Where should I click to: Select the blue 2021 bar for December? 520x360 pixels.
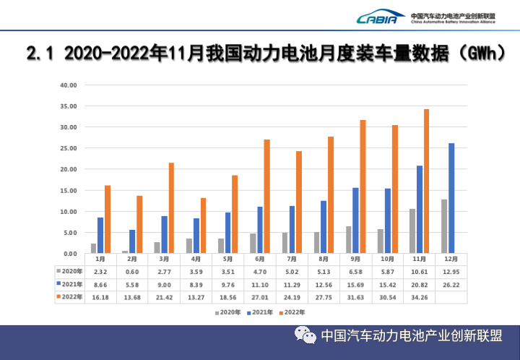451,198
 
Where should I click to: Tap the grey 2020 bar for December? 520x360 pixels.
444,226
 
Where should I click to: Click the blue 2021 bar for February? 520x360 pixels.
132,241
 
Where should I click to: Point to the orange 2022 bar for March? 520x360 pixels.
171,208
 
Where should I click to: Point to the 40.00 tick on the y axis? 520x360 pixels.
68,85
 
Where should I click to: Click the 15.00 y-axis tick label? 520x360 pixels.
68,191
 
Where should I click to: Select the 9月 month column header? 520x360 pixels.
357,259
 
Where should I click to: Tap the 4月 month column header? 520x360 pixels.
196,259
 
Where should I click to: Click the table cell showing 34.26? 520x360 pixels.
420,297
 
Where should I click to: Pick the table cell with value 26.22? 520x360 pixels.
452,284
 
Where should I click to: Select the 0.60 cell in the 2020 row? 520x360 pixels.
132,272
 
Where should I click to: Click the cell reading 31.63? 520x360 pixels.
357,297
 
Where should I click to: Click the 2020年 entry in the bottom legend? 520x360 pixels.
228,312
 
